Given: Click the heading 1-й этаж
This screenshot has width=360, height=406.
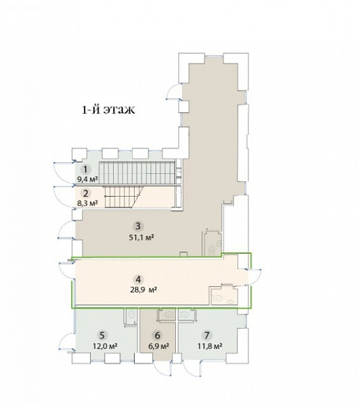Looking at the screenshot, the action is point(108,110).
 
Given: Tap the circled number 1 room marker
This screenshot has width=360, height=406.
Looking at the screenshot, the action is point(86,170).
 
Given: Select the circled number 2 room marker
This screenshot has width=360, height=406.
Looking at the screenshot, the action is point(86,193).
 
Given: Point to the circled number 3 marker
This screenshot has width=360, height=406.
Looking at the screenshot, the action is point(138,226).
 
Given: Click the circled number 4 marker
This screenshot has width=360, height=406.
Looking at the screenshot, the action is point(138,279).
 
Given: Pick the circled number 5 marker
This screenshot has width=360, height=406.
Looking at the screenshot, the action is point(102,336).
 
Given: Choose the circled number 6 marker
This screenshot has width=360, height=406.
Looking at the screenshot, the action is point(157,336).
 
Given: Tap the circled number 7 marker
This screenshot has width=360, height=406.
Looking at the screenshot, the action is point(206,336).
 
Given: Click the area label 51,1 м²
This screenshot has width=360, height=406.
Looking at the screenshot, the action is point(141,238).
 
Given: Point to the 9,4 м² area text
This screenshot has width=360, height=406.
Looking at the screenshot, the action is point(87,179).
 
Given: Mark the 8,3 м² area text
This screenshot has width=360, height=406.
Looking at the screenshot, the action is point(87,204).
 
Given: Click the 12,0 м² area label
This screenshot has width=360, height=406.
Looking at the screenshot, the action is point(106,346).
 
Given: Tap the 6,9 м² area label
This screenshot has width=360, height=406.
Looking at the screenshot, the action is point(158,346).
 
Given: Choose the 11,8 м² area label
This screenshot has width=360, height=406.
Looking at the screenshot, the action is point(210,346).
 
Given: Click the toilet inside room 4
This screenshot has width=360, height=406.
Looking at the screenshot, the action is point(217,298).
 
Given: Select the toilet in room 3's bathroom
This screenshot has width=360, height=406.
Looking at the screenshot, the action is point(212,250).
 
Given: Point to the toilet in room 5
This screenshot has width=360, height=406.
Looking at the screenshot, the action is point(131,315).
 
